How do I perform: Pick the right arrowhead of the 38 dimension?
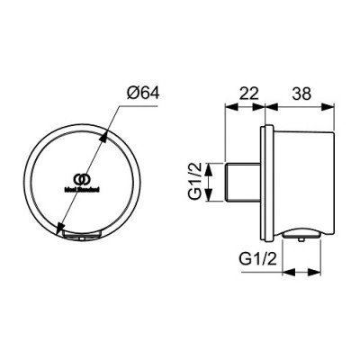[332, 106]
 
